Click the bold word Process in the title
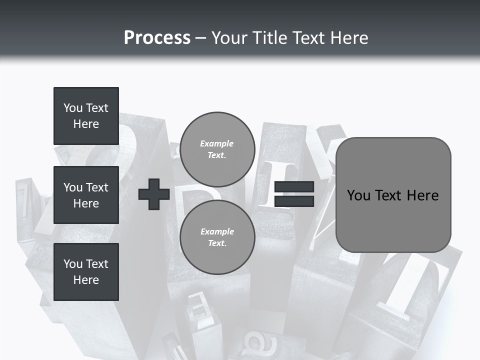point(157,37)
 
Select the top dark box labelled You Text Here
point(86,116)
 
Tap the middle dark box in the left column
point(86,195)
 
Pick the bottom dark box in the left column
point(86,272)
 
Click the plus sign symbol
point(154,194)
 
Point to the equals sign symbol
point(294,194)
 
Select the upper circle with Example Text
point(217,149)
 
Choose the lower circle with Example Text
point(217,237)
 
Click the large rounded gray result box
point(393,194)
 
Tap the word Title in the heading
point(270,37)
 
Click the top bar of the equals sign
point(294,187)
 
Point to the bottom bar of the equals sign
point(294,201)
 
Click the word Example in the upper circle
point(217,143)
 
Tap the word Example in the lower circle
point(217,231)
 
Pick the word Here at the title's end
point(349,37)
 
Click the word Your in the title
point(229,37)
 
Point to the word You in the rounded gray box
point(358,195)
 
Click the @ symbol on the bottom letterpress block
point(256,344)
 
